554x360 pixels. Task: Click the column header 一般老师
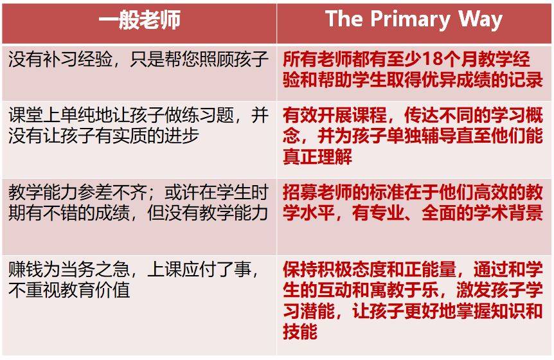pos(139,19)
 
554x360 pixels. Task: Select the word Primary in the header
pos(410,19)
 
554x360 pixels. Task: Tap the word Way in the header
pos(481,19)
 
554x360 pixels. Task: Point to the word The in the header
pos(344,19)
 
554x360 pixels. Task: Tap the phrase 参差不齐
pos(112,193)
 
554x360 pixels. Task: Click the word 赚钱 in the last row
pos(26,269)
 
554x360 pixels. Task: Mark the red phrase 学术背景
pos(508,213)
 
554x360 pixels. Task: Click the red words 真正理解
pos(317,157)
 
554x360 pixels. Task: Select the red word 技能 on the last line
pos(300,332)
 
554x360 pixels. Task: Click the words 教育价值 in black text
pos(95,291)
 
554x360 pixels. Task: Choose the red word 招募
pos(300,193)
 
